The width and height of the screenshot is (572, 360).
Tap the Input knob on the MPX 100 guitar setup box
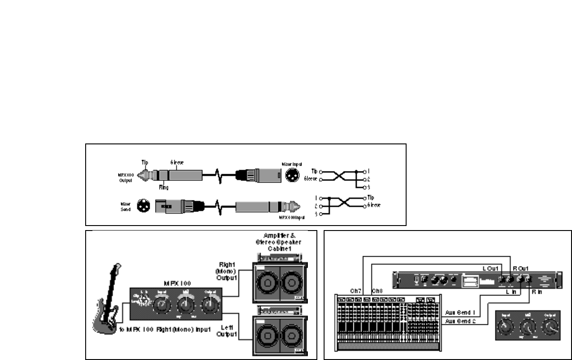click(x=161, y=306)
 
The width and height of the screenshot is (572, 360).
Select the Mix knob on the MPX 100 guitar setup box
click(x=185, y=306)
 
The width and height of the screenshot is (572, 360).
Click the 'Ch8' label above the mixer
click(x=378, y=290)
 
